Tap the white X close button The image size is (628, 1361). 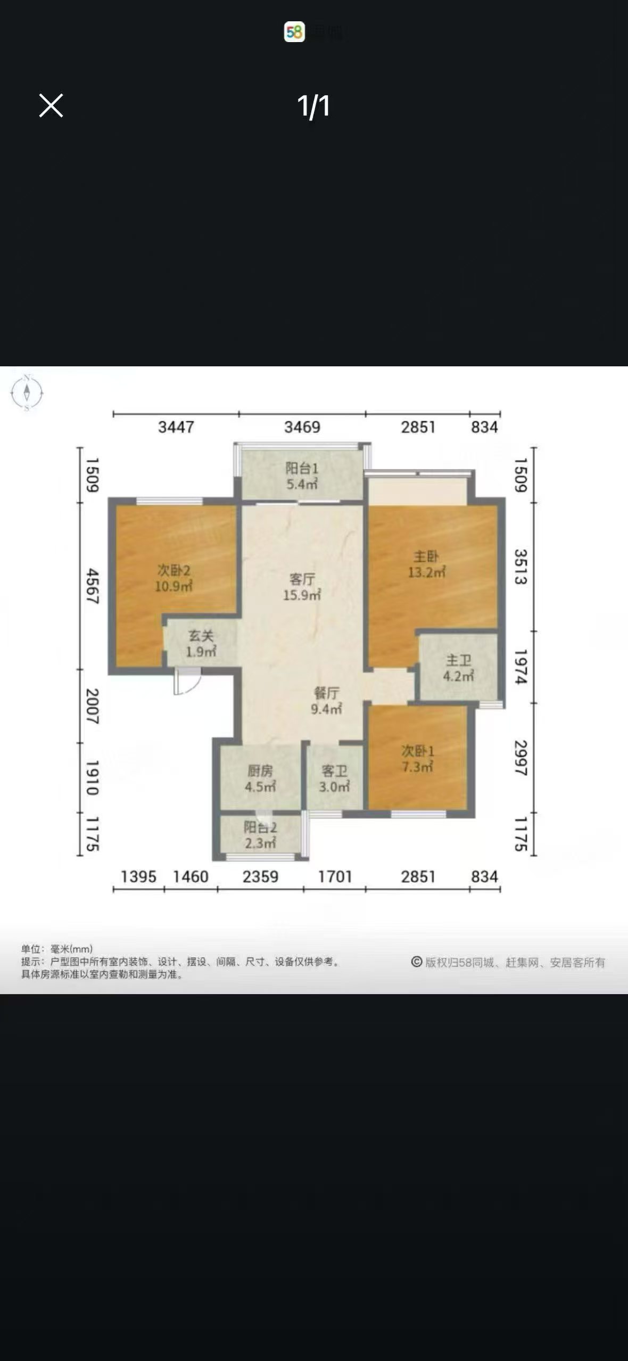pos(51,105)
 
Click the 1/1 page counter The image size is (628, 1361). pos(313,106)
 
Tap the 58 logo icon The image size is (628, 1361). pos(294,32)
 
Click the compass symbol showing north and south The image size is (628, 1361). pos(27,393)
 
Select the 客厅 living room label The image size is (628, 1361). pos(302,579)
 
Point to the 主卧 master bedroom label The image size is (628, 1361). pos(426,557)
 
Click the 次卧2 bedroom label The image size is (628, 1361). pos(173,571)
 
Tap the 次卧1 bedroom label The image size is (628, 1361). pos(418,751)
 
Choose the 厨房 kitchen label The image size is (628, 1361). pos(260,770)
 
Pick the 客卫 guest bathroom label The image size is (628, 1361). pos(334,770)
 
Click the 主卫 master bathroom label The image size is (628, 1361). pos(458,661)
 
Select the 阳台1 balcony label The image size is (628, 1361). pos(302,469)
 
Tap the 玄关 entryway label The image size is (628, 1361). pos(201,636)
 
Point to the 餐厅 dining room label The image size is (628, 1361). pos(326,693)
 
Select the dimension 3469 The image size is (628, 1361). pos(302,427)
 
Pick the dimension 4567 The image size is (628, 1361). pos(92,586)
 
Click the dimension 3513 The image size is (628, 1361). pos(520,567)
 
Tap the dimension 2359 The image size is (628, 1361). pos(260,876)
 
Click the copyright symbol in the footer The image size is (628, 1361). pos(417,962)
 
